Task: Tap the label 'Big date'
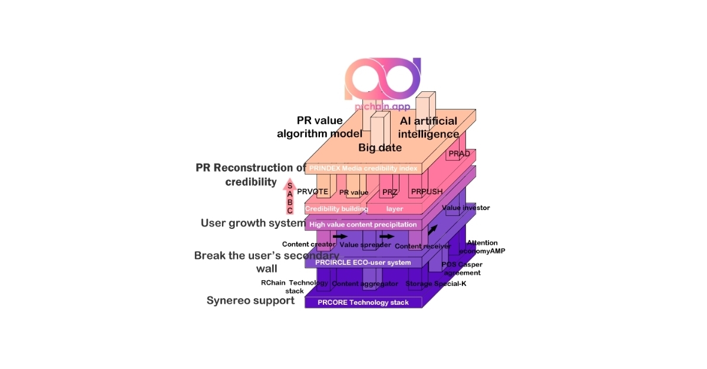pos(380,147)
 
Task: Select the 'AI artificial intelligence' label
pos(428,127)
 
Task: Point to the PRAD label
pos(459,154)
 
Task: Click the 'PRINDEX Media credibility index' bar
pos(363,168)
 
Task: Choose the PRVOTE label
pos(312,192)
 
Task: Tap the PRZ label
pos(389,192)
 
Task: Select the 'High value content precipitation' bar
pos(363,224)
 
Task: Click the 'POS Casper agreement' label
pos(461,268)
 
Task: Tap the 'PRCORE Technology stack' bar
pos(363,302)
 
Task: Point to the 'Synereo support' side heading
pos(250,301)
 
